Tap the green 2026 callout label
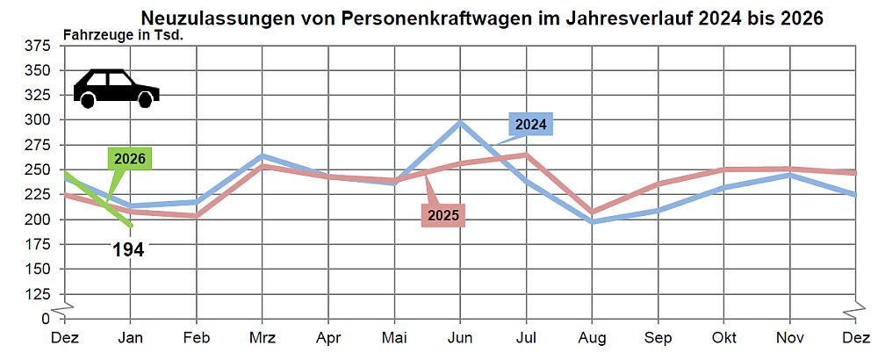pos(129,159)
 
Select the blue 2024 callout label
pos(530,125)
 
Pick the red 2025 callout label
pos(443,214)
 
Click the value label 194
pos(128,250)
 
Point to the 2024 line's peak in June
pos(460,122)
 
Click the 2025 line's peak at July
pos(526,155)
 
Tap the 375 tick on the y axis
pos(40,46)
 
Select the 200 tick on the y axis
pos(40,220)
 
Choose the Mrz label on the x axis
pos(263,337)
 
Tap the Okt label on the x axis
pos(723,337)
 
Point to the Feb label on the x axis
pos(197,337)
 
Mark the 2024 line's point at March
pos(263,156)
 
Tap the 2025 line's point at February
pos(197,215)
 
